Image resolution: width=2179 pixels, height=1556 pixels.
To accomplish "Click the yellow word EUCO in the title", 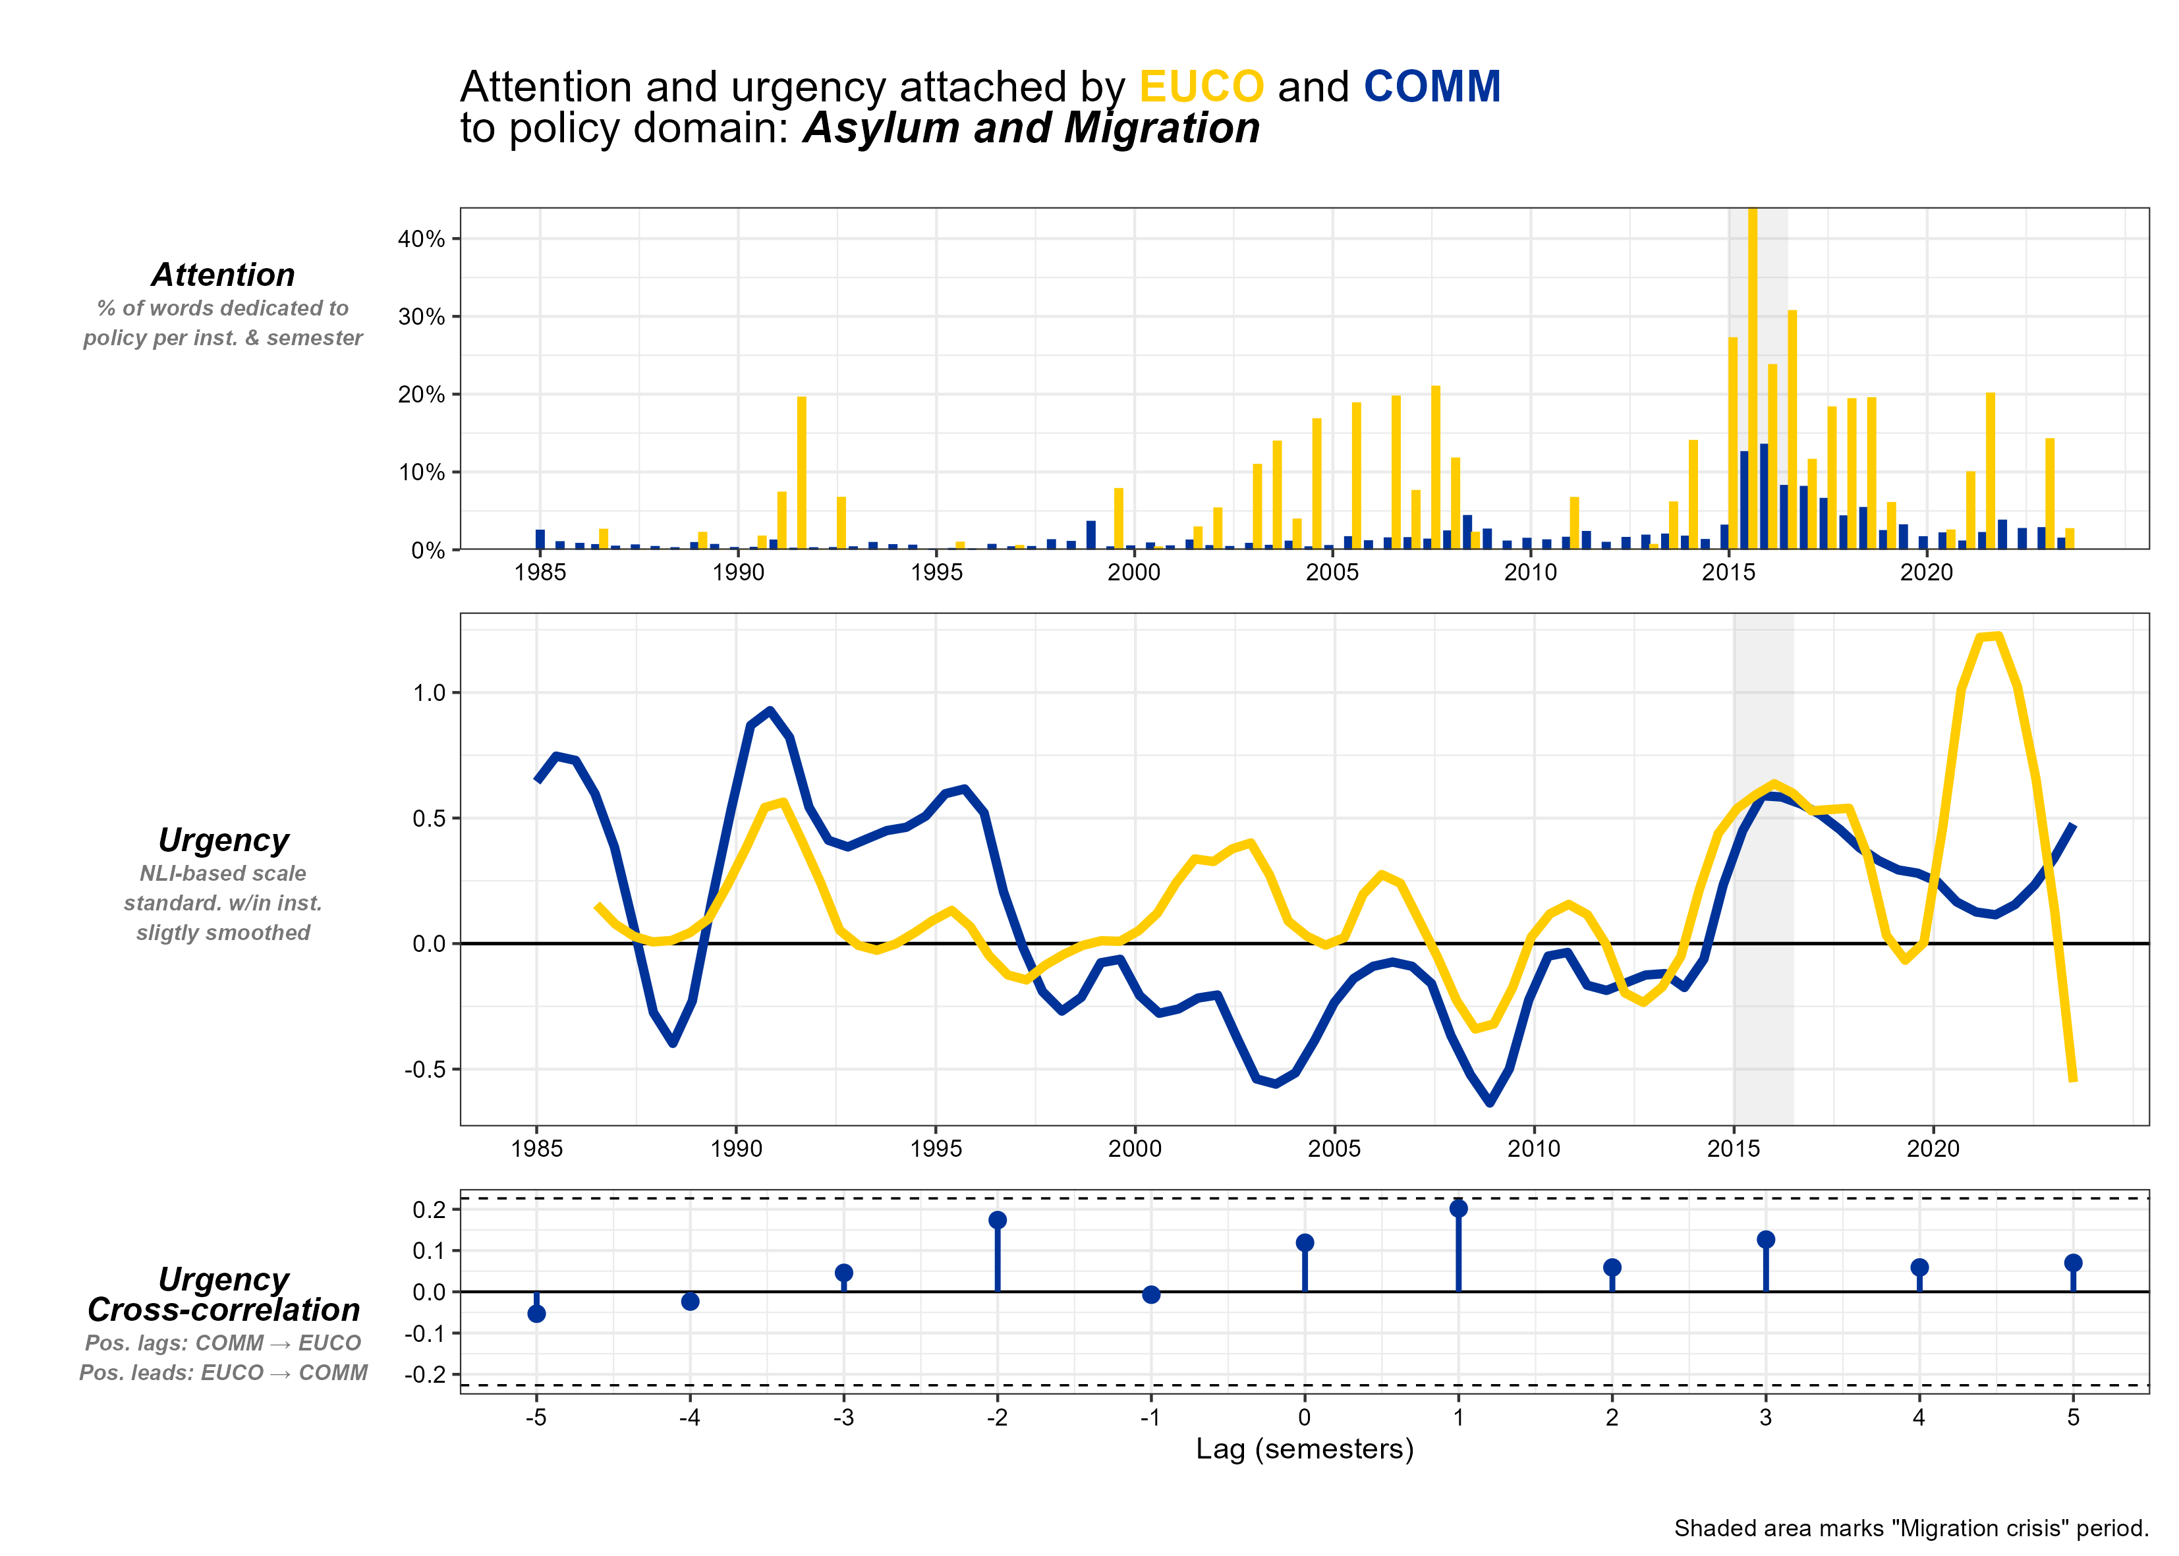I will [1201, 87].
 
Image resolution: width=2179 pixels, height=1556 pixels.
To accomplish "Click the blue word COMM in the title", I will [1432, 87].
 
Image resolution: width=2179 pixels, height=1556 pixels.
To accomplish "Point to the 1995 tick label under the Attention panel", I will [936, 573].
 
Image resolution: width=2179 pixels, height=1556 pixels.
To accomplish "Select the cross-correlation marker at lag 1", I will [1458, 1208].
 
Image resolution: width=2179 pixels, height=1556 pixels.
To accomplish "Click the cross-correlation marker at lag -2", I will [998, 1219].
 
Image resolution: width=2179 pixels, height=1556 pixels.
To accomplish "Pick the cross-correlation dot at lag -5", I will [536, 1314].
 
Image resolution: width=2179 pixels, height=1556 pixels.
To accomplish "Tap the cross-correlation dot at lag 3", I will [1766, 1240].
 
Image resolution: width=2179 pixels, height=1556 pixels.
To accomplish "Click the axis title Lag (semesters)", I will [1304, 1448].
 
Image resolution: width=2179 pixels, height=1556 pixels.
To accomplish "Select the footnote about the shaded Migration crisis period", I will [1911, 1528].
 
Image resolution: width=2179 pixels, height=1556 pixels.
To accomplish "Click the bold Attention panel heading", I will [223, 275].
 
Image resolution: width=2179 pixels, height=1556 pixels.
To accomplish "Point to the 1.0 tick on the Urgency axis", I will [430, 693].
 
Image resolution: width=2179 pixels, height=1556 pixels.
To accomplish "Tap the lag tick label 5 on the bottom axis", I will [2073, 1417].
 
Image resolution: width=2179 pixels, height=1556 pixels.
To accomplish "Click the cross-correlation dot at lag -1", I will [1151, 1294].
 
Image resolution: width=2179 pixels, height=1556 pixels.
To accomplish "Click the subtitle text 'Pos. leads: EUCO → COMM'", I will [223, 1373].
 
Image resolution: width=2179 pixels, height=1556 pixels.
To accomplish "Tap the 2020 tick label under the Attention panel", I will [1926, 573].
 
